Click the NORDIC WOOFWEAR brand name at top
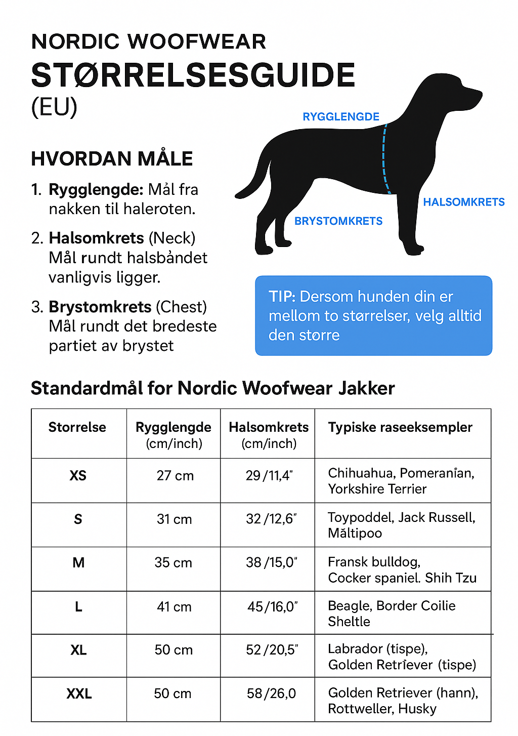[148, 42]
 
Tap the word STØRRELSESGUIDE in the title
[193, 76]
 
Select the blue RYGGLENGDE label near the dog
[340, 117]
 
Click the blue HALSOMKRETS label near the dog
[463, 202]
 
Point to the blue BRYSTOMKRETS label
[338, 221]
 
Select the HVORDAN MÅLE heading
[112, 159]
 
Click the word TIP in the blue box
[281, 297]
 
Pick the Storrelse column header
[77, 427]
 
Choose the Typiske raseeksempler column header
[400, 427]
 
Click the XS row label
[78, 476]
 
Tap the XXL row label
[79, 693]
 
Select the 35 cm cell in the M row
[173, 563]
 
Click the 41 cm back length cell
[174, 606]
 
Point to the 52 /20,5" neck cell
[272, 650]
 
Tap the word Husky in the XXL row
[417, 709]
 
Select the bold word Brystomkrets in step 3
[100, 307]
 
